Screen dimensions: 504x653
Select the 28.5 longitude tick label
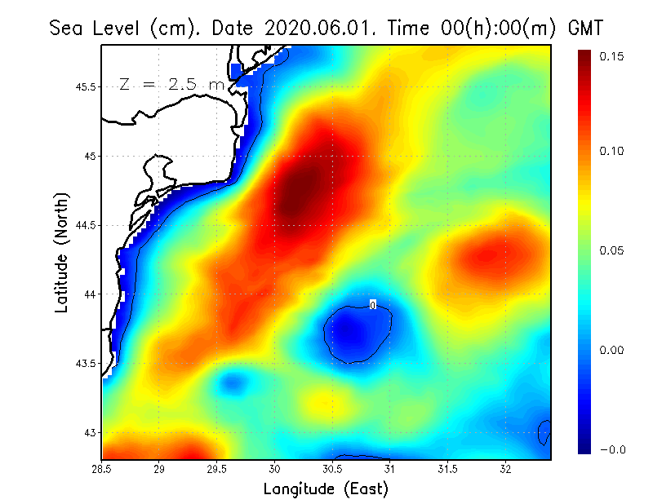pyautogui.click(x=102, y=469)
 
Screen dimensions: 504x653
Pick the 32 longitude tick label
pyautogui.click(x=506, y=469)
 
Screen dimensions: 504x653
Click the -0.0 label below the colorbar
pyautogui.click(x=613, y=449)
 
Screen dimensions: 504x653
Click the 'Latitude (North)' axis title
pyautogui.click(x=62, y=252)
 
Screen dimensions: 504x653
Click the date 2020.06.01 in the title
pyautogui.click(x=318, y=28)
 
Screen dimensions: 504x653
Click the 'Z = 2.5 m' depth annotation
pyautogui.click(x=172, y=84)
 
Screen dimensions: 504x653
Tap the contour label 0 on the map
pyautogui.click(x=373, y=305)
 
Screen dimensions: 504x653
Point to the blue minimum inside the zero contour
pyautogui.click(x=352, y=330)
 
